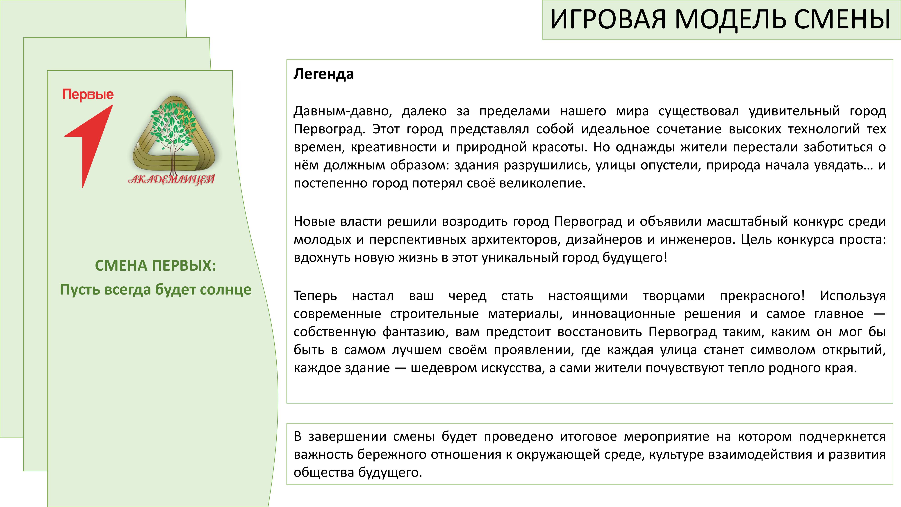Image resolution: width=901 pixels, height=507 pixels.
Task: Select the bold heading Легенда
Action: click(323, 74)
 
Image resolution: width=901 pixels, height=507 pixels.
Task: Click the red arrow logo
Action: click(89, 146)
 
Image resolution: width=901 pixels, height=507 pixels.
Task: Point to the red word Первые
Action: click(88, 94)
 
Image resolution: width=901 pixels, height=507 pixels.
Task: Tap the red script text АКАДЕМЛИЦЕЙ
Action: click(171, 180)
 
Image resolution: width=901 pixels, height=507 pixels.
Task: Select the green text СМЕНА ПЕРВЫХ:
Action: click(156, 266)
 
